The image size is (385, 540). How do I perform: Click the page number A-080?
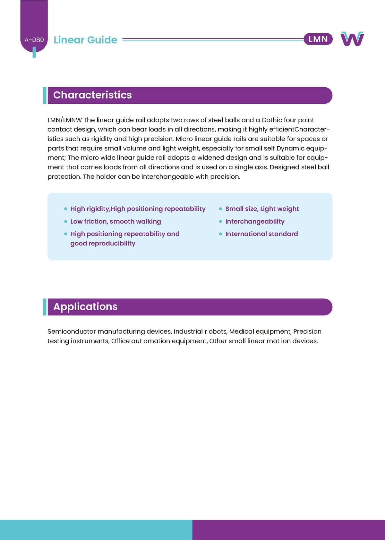[x=34, y=40]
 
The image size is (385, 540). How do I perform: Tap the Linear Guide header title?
[x=85, y=40]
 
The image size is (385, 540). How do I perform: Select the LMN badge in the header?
[x=318, y=39]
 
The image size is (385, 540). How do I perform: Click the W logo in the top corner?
[x=352, y=39]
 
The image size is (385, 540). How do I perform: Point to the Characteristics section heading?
[x=92, y=95]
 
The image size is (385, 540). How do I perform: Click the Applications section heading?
[x=85, y=306]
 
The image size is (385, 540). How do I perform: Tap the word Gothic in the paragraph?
[x=271, y=120]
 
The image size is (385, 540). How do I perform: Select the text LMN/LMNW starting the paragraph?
[x=64, y=120]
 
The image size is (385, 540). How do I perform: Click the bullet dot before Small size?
[x=220, y=209]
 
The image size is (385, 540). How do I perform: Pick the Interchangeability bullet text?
[x=255, y=221]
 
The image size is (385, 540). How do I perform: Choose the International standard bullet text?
[x=261, y=234]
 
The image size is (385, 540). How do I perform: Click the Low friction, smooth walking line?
[x=116, y=221]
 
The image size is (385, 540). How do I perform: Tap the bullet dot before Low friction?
[x=65, y=221]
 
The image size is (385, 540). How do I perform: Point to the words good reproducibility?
[x=103, y=244]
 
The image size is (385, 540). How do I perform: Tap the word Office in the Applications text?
[x=120, y=341]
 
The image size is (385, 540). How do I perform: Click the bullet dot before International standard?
[x=220, y=234]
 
